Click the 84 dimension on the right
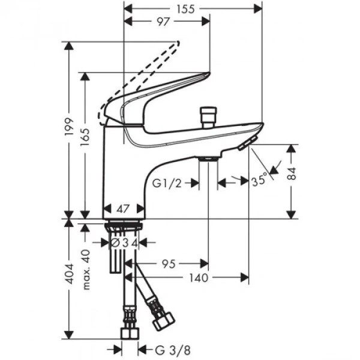(292, 175)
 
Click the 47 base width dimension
(125, 209)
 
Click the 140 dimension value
(199, 277)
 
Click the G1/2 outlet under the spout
(208, 158)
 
